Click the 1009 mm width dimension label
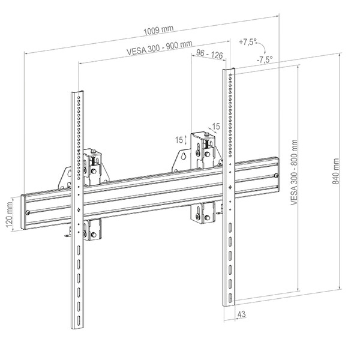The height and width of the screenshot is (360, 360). pyautogui.click(x=158, y=30)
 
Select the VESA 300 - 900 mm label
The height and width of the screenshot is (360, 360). pyautogui.click(x=160, y=48)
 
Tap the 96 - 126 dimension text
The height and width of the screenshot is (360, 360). pyautogui.click(x=209, y=54)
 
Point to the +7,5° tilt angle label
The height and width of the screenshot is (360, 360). pyautogui.click(x=247, y=42)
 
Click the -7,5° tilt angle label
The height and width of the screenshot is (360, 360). pyautogui.click(x=265, y=59)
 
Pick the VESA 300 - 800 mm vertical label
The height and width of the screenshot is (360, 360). pyautogui.click(x=294, y=172)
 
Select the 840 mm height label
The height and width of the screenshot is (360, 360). pyautogui.click(x=335, y=171)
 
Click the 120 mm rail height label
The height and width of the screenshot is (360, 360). pyautogui.click(x=9, y=214)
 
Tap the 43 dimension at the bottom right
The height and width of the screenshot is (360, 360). pyautogui.click(x=241, y=314)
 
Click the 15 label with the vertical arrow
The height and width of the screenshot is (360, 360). pyautogui.click(x=179, y=140)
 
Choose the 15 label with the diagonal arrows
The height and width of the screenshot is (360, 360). pyautogui.click(x=216, y=126)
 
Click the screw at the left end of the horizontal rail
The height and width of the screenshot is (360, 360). pyautogui.click(x=28, y=212)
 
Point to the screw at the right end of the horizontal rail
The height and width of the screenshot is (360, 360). pyautogui.click(x=276, y=176)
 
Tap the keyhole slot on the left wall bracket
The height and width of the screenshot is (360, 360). pyautogui.click(x=70, y=173)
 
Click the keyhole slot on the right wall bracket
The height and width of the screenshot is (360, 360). pyautogui.click(x=184, y=156)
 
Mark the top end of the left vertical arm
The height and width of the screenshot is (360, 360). pyautogui.click(x=77, y=92)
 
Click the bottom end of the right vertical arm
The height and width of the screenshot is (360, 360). pyautogui.click(x=229, y=305)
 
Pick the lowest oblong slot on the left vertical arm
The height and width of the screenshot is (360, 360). pyautogui.click(x=79, y=320)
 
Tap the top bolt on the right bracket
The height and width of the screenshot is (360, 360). pyautogui.click(x=207, y=134)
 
